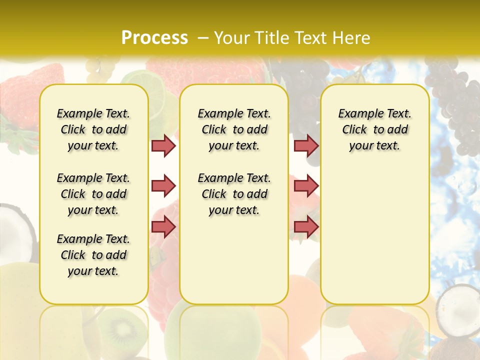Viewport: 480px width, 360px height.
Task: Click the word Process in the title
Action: (154, 37)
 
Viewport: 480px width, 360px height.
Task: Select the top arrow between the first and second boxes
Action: (163, 145)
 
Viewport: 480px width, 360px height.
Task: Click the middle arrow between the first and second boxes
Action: (163, 186)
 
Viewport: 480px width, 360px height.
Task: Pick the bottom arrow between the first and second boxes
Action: (163, 227)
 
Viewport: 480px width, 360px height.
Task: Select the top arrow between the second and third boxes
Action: (306, 145)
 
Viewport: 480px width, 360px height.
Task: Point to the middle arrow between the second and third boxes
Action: (306, 186)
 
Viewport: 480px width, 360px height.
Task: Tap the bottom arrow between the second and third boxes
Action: (306, 227)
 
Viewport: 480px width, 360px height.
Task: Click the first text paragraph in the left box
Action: (93, 129)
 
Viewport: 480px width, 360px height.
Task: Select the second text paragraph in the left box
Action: (93, 194)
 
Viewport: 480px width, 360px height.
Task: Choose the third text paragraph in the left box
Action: (93, 255)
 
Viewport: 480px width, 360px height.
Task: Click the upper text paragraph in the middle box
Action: (234, 129)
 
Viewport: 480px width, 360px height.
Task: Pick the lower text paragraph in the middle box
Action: (234, 194)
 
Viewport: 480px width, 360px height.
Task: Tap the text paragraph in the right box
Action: (374, 129)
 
